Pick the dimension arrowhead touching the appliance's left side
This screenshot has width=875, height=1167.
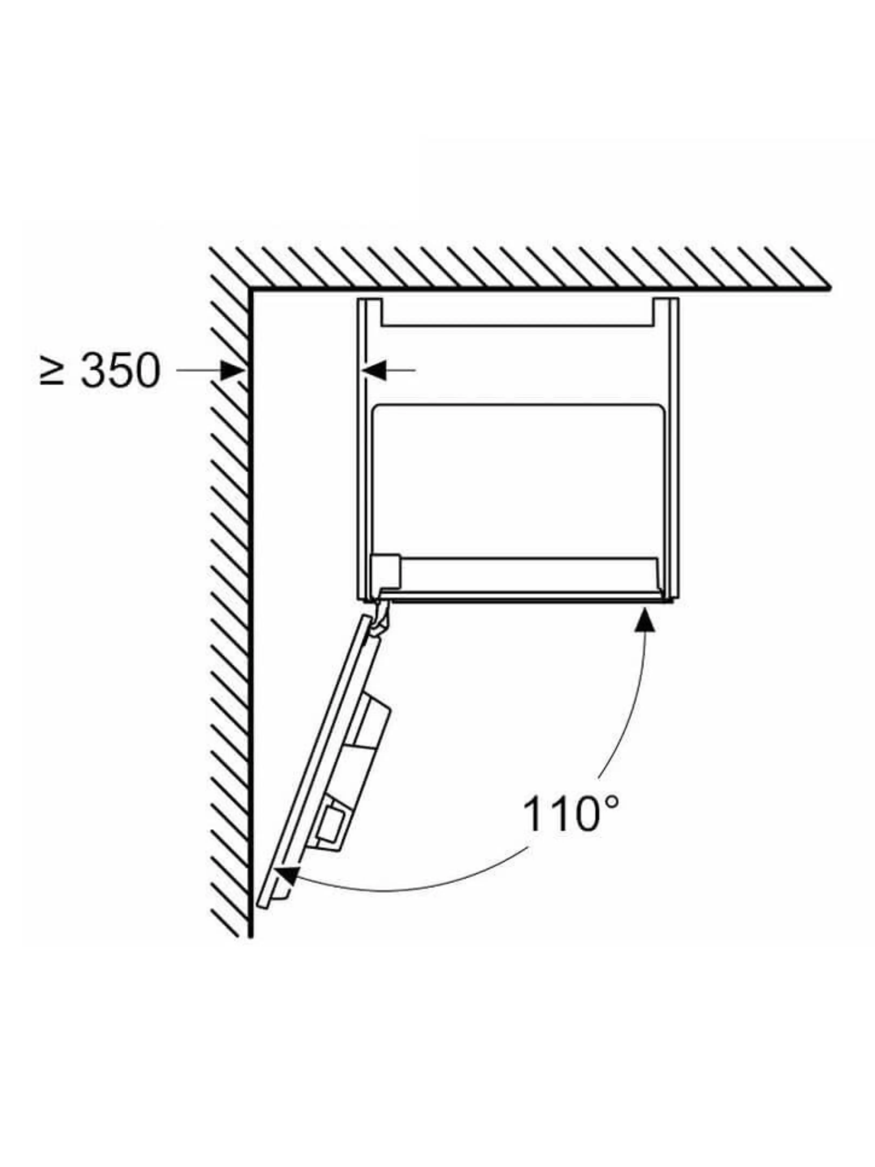coord(374,370)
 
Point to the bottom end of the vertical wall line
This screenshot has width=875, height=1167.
coord(250,937)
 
